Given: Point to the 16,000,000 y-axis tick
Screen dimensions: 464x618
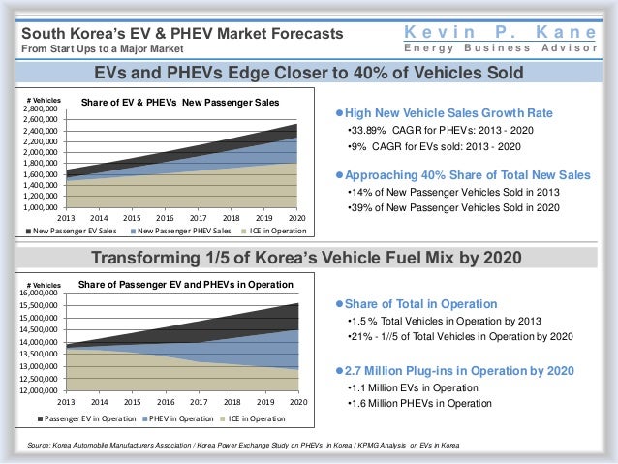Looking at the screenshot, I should [42, 293].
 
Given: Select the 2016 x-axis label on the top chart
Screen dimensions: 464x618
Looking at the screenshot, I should [165, 217].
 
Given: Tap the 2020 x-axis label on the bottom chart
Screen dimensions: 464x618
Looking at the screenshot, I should [297, 401].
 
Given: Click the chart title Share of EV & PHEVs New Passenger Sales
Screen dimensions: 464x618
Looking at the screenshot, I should [179, 102].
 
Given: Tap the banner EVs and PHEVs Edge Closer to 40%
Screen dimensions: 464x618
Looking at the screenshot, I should [308, 73].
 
